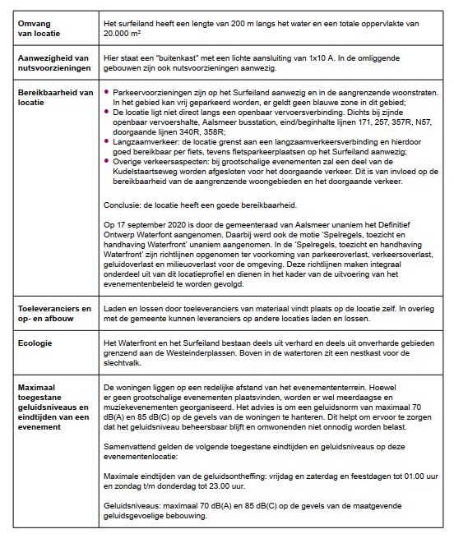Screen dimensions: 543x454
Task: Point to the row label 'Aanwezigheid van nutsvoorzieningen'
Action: coord(54,66)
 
